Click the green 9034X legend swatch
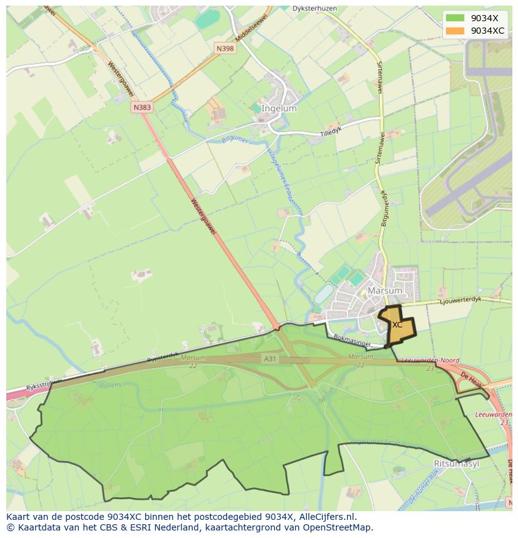click(455, 18)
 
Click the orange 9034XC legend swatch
click(455, 31)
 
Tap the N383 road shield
click(142, 107)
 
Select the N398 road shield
click(225, 48)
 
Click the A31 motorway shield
click(270, 358)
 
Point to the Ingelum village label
click(279, 109)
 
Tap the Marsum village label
click(384, 291)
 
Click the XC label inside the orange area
click(397, 325)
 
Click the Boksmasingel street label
click(353, 341)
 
